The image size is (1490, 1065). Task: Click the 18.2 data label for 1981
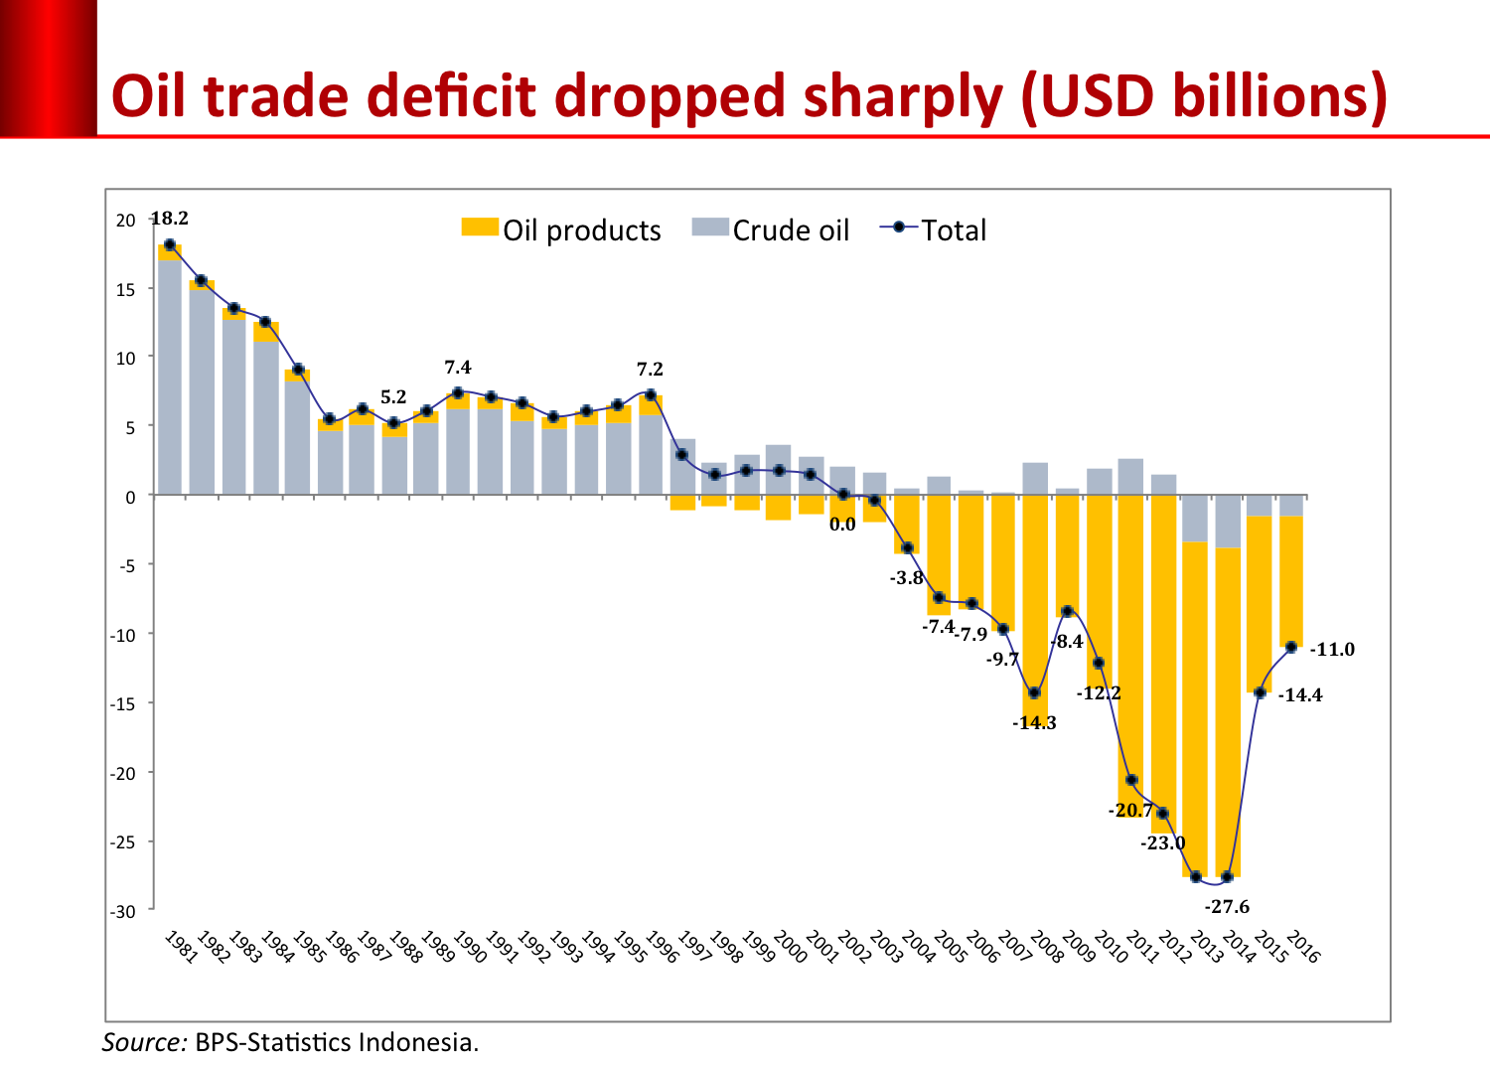pos(170,219)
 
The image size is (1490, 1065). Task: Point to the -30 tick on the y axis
pos(124,911)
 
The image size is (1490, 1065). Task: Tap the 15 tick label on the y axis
pos(126,290)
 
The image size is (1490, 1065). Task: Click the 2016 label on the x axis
pos(1302,947)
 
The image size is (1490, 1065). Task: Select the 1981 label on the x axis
pos(180,947)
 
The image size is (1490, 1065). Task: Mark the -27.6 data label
pos(1227,907)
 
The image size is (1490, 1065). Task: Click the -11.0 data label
pos(1332,650)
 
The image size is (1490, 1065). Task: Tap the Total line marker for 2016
pos(1291,647)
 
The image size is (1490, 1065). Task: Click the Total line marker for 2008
pos(1034,693)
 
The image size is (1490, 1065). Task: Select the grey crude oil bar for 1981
pos(170,378)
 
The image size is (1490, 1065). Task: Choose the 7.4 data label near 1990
pos(458,368)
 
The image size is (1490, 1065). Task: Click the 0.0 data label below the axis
pos(842,525)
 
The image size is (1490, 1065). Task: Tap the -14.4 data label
pos(1300,695)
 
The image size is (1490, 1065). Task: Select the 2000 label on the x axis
pos(789,947)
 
